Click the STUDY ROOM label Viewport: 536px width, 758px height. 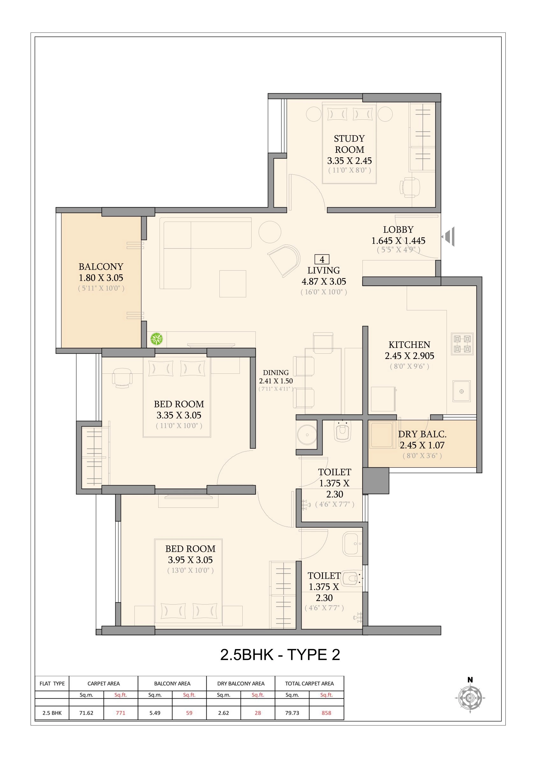(349, 144)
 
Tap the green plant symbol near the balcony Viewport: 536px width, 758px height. (157, 339)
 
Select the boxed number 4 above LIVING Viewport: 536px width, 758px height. (322, 259)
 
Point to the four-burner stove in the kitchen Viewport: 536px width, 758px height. (462, 344)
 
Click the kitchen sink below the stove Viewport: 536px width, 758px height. (461, 391)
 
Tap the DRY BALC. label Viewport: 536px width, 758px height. (422, 434)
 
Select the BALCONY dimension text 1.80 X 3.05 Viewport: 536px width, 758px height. (101, 278)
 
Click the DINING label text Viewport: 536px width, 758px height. (276, 372)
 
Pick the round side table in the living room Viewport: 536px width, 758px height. (269, 232)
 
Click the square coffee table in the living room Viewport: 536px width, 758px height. (232, 284)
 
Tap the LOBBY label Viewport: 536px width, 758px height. (398, 230)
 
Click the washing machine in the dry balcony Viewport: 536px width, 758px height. (382, 435)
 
